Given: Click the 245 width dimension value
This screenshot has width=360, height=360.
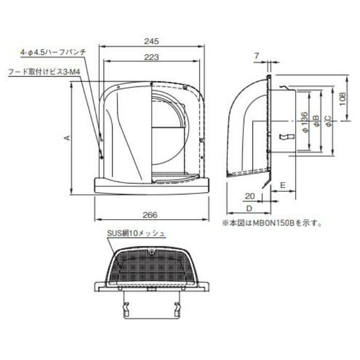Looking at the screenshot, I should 151,40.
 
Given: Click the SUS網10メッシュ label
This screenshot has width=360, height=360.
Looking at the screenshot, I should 136,233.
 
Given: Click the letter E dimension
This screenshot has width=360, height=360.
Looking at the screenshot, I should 283,183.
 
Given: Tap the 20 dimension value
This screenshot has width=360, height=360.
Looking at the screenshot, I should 249,196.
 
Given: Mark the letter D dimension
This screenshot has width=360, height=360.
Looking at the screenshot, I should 248,208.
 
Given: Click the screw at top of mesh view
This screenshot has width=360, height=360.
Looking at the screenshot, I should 152,251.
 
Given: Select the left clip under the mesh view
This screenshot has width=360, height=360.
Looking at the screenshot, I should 125,309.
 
